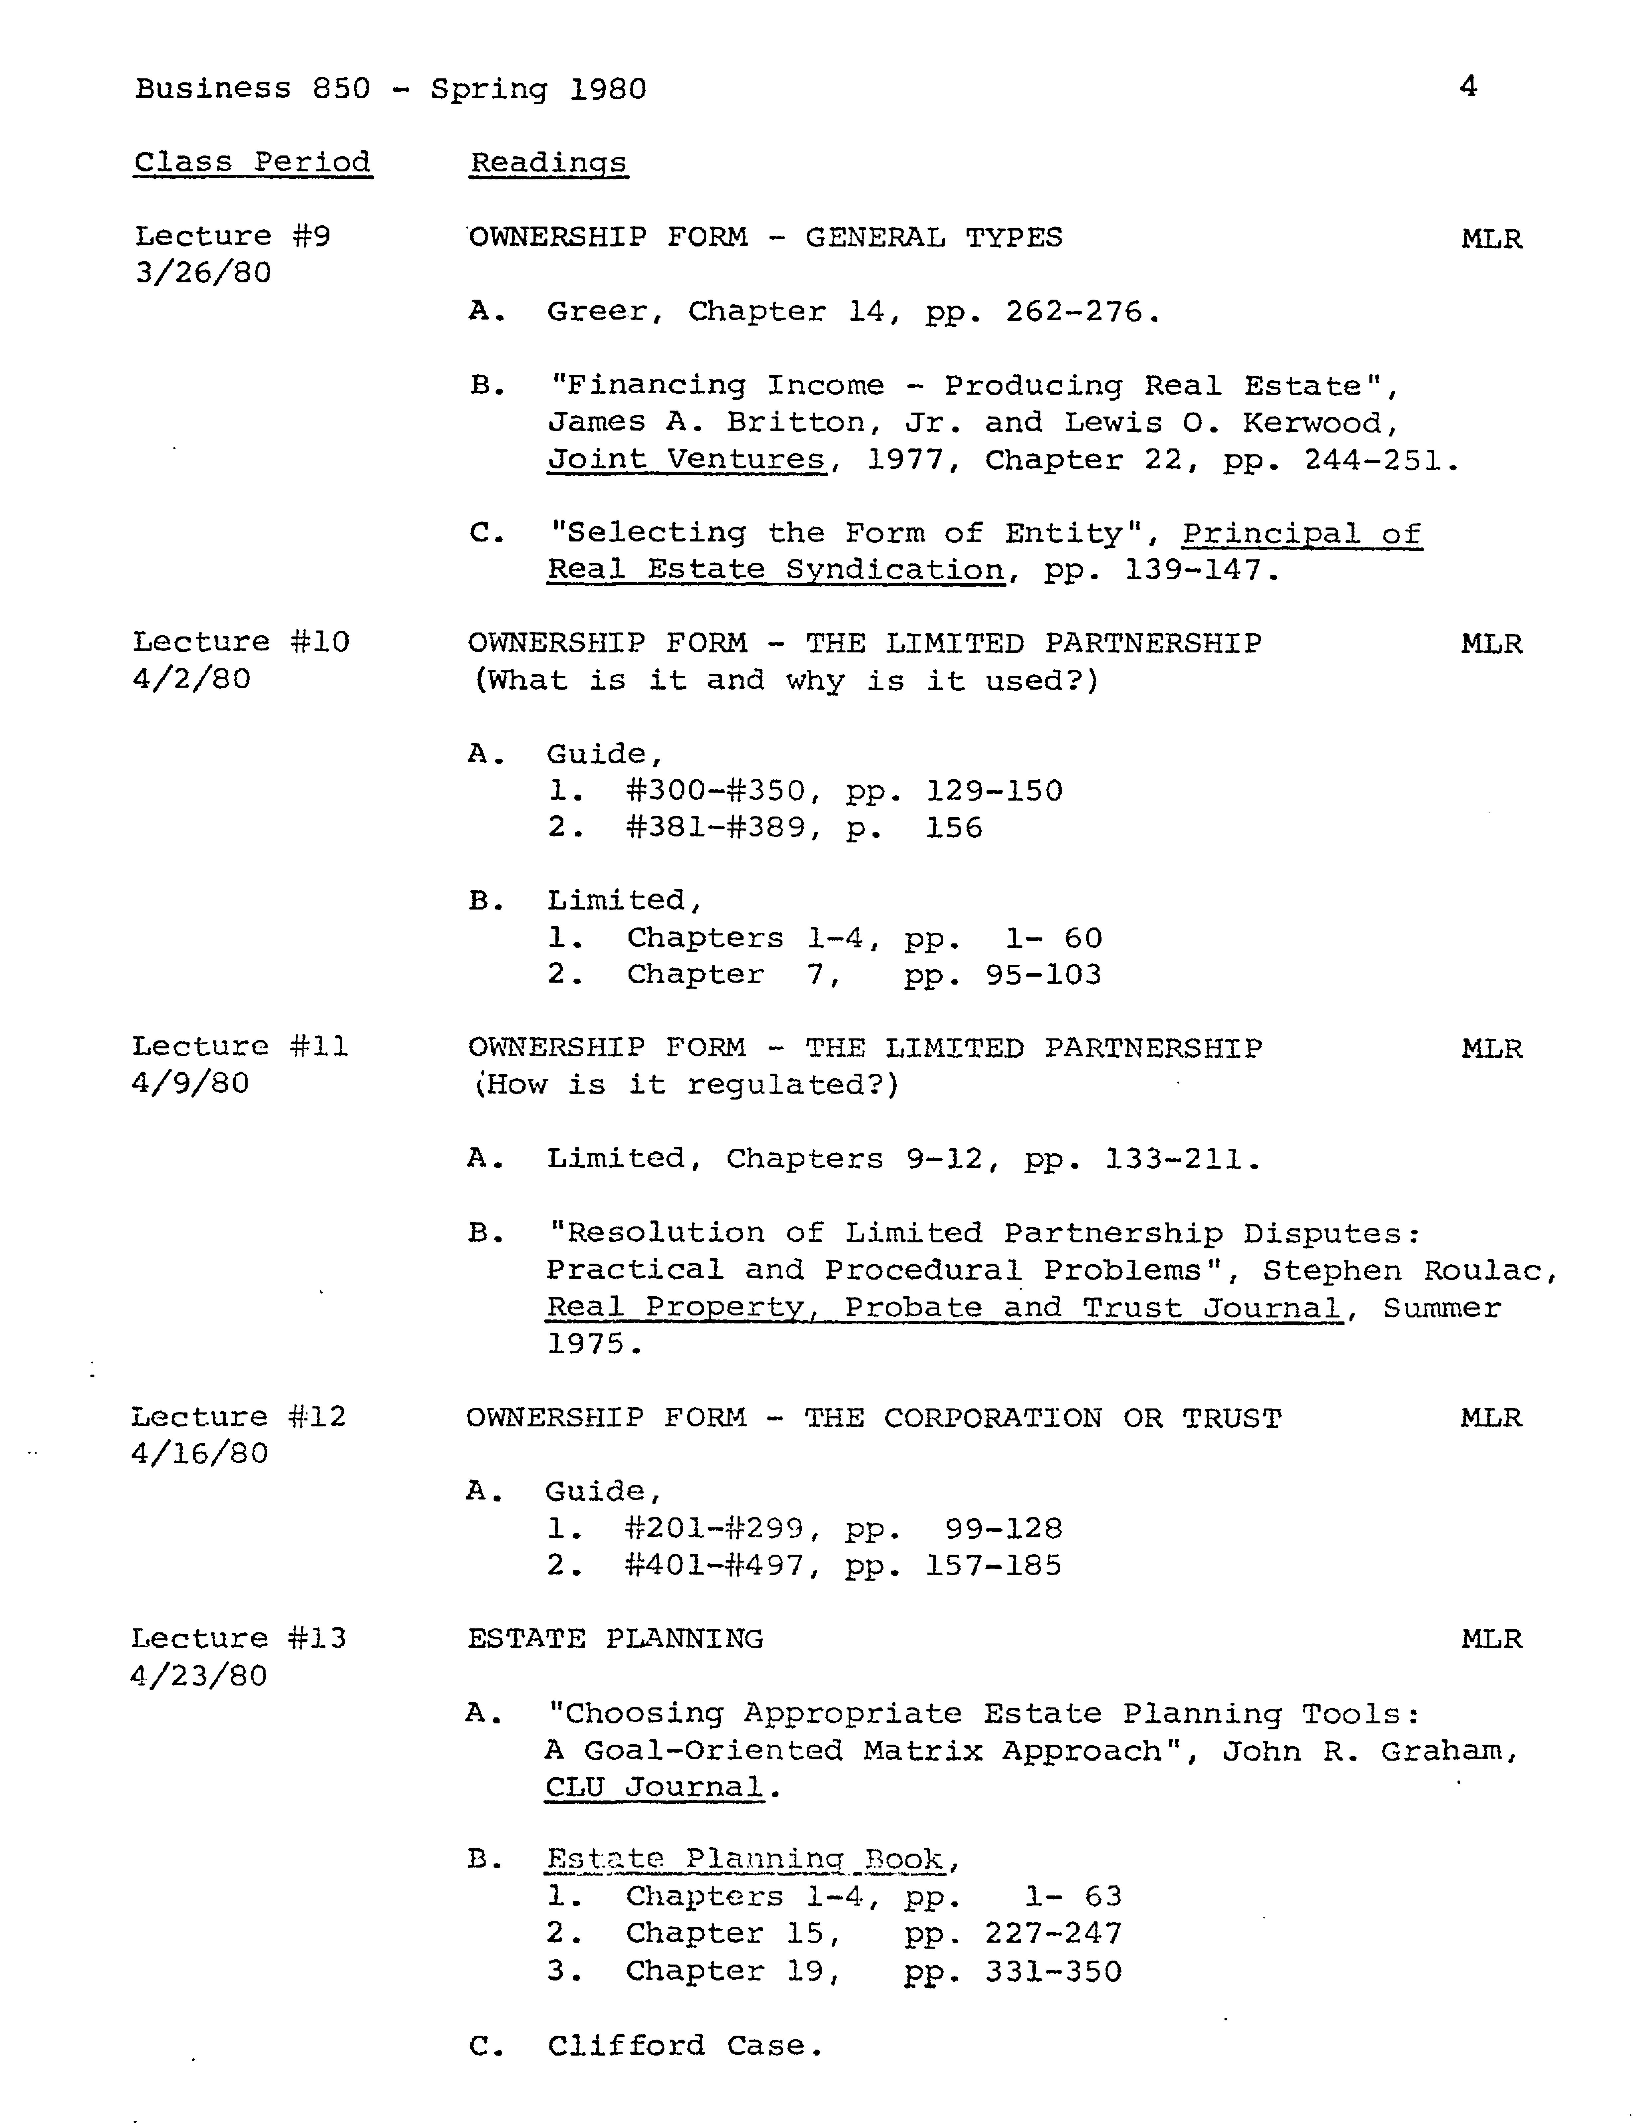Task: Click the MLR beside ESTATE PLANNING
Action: pos(1491,1639)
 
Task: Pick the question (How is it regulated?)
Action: pos(685,1084)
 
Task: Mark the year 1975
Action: pos(584,1344)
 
